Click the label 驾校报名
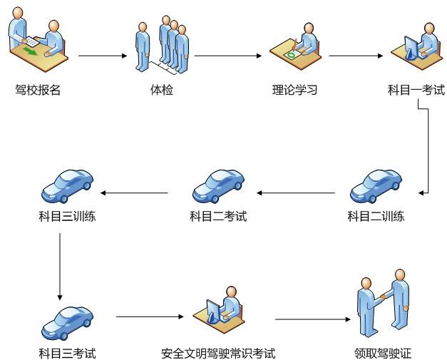coord(38,90)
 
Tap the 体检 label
coord(162,90)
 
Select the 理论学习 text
coord(294,90)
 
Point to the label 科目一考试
coord(416,90)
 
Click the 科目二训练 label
coord(376,216)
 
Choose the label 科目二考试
coord(218,216)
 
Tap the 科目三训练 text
coord(67,216)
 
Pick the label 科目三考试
coord(67,354)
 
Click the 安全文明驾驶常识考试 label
coord(218,354)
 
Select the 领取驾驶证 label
coord(383,354)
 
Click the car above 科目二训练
coord(376,186)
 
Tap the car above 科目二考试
coord(218,186)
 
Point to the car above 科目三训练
coord(67,186)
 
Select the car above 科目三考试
coord(67,323)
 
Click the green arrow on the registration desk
coord(30,52)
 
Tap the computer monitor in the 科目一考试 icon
coord(411,48)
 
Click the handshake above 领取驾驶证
coord(383,297)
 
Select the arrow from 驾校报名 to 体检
coord(103,56)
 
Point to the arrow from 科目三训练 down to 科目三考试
coord(60,267)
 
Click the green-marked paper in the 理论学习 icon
coord(292,54)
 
